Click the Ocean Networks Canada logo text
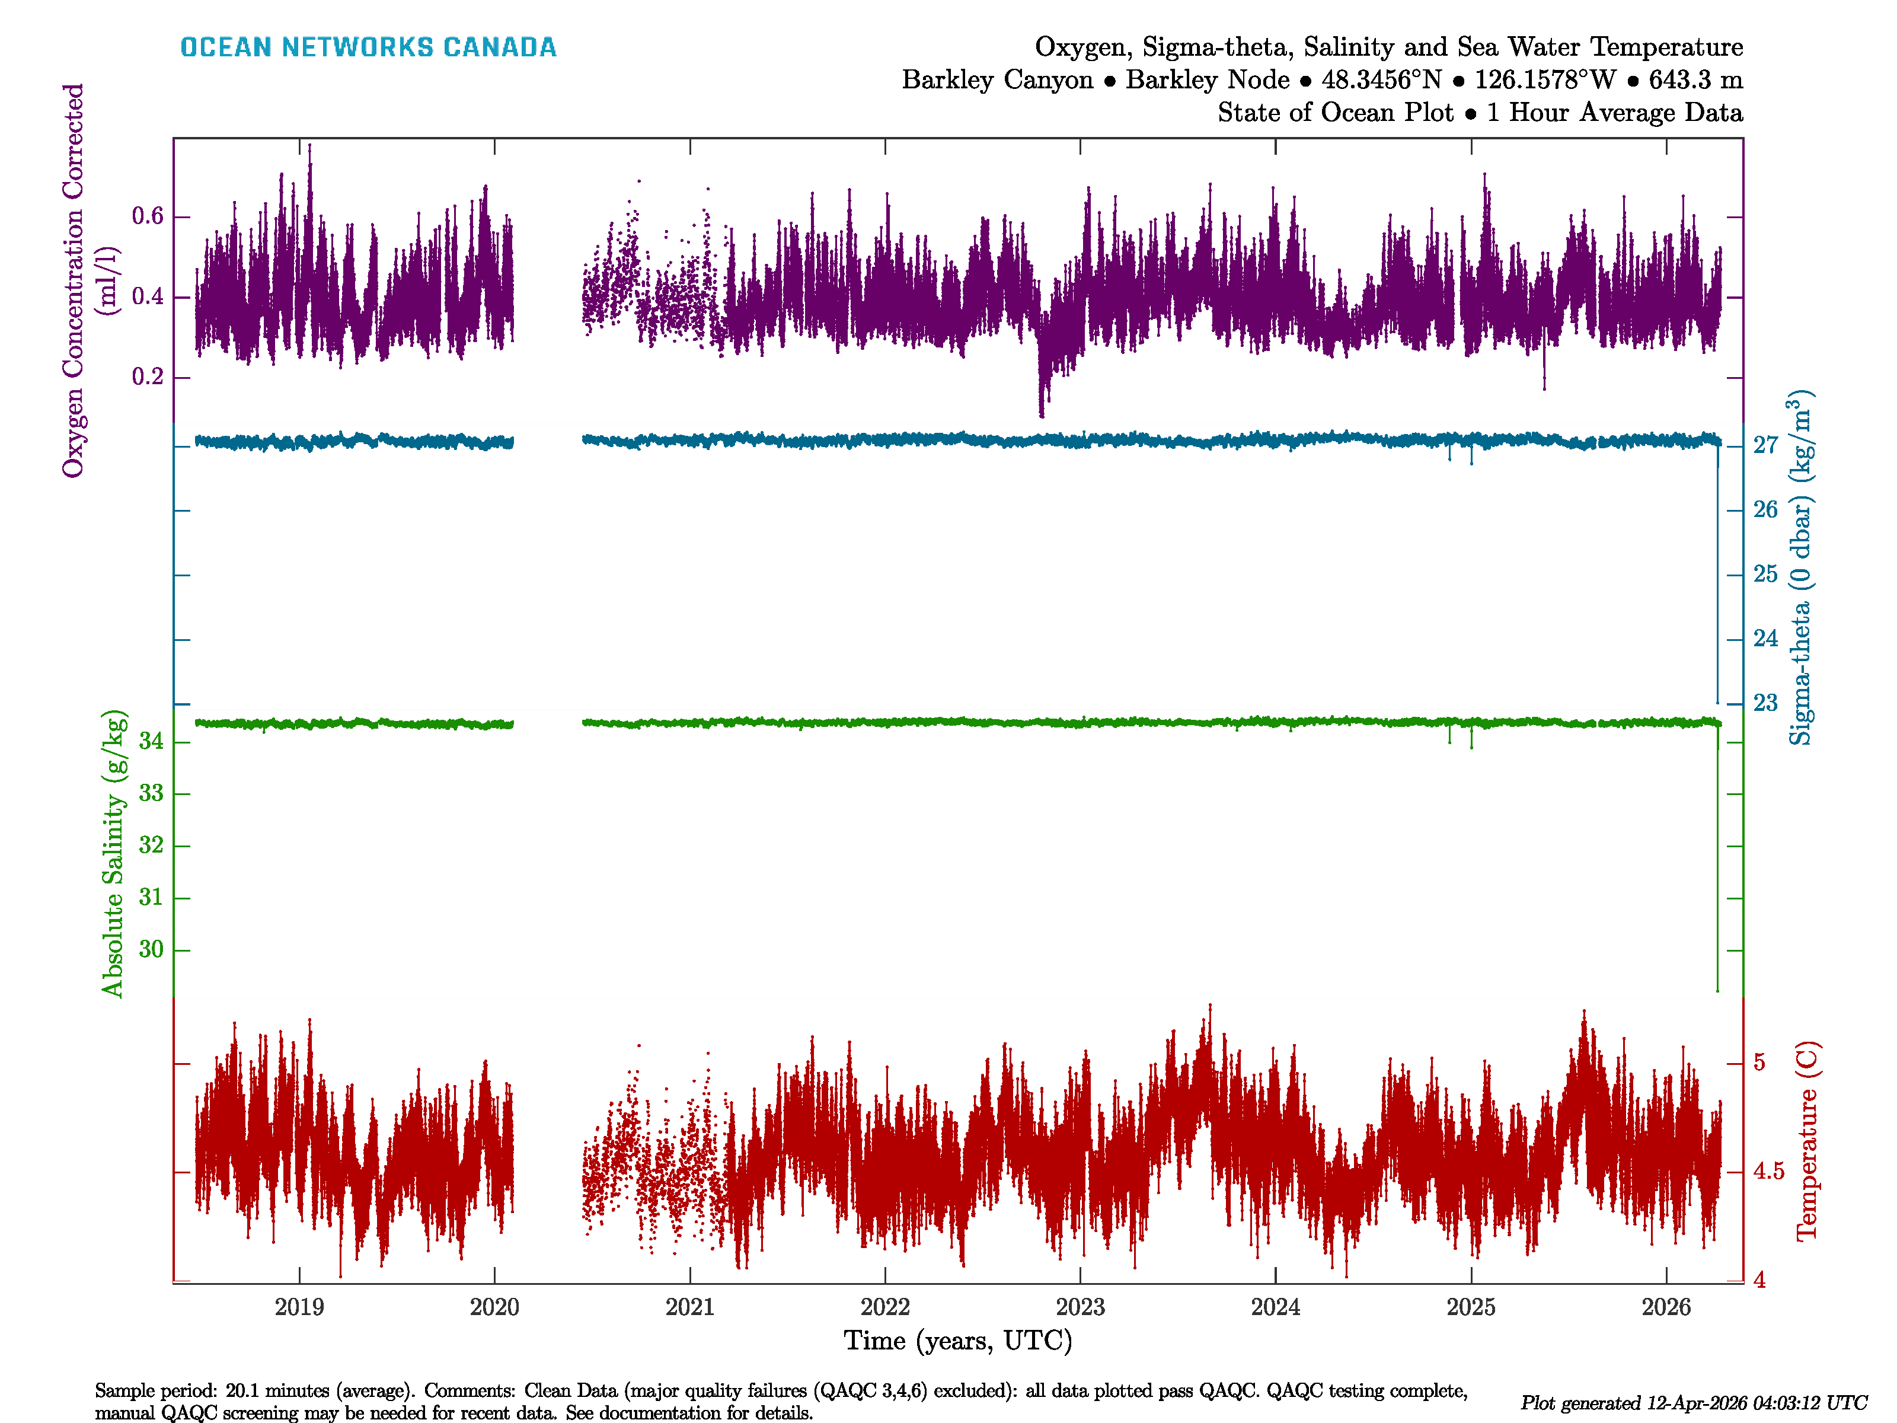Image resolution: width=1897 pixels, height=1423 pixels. point(368,47)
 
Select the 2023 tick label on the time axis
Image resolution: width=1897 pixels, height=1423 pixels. point(1080,1307)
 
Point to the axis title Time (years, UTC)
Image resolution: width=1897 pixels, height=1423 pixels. point(958,1341)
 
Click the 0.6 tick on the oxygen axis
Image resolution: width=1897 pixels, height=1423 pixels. point(148,216)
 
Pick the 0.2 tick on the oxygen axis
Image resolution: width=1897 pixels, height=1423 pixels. point(148,378)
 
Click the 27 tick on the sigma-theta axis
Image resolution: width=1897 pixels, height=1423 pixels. point(1765,445)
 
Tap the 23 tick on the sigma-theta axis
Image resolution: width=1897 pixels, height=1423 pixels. point(1765,703)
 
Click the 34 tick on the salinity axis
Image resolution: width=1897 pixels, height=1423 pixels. point(151,741)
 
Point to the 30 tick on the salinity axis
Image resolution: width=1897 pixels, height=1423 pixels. point(151,949)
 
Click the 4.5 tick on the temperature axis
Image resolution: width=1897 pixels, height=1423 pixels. point(1768,1172)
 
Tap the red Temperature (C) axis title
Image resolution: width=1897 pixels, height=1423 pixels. point(1806,1141)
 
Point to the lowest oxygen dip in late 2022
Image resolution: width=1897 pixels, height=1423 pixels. point(1041,415)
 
